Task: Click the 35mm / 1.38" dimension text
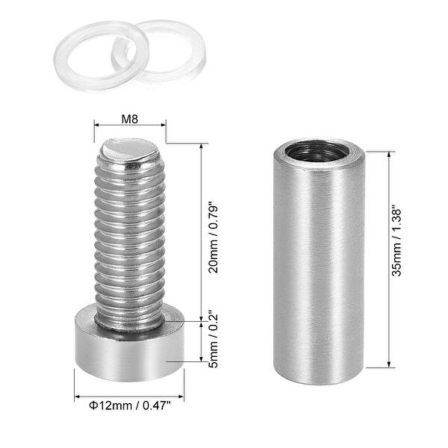tap(404, 258)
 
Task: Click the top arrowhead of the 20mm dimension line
tap(201, 146)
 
